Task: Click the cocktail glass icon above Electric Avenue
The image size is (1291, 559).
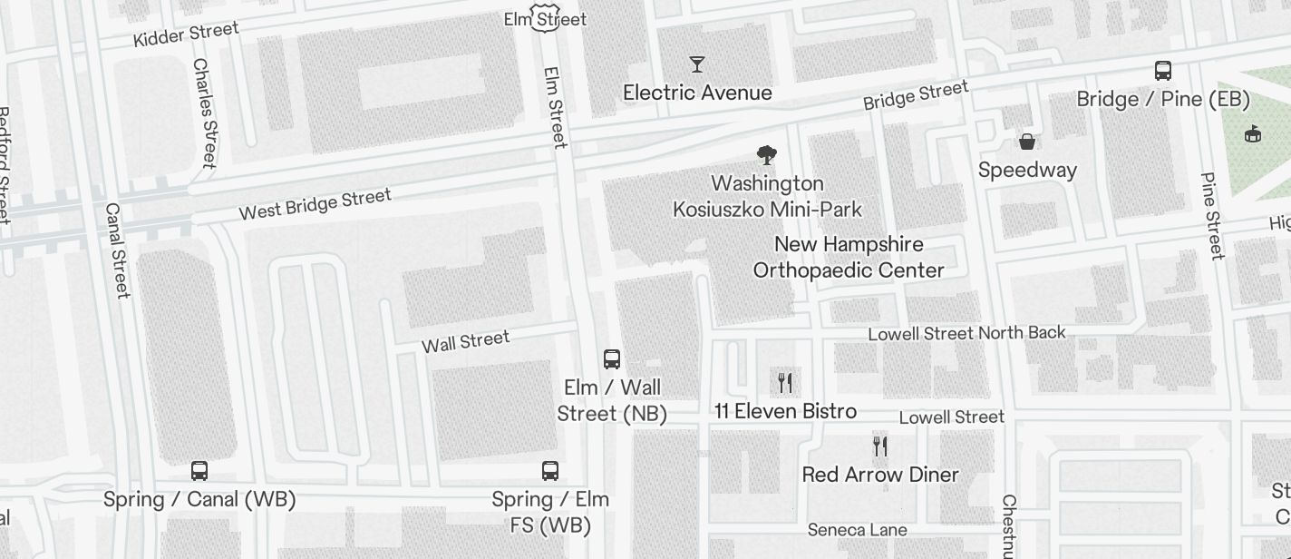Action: (697, 64)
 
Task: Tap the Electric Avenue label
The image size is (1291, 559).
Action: (697, 93)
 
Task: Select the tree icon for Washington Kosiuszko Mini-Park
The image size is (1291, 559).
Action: (767, 155)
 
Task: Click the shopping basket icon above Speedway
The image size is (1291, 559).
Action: (1027, 142)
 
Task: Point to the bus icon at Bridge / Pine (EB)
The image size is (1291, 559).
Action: (1163, 71)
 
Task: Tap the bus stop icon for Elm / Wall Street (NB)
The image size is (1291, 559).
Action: (612, 358)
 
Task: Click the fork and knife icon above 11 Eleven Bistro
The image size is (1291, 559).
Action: (785, 383)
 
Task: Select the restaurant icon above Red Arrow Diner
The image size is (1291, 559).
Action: (880, 446)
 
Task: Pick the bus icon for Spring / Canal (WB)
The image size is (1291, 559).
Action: (199, 471)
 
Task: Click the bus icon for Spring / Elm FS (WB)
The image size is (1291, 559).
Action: (550, 471)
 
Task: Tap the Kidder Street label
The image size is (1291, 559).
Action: (186, 34)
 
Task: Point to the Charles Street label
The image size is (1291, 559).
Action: (204, 113)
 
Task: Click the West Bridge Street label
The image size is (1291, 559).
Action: (315, 203)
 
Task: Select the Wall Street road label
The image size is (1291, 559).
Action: (466, 342)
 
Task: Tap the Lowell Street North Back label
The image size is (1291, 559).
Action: (966, 333)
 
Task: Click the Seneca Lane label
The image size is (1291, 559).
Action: (857, 529)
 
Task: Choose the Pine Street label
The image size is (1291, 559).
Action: (1212, 216)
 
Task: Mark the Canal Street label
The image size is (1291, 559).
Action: (117, 250)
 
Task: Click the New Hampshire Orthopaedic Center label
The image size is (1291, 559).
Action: (849, 258)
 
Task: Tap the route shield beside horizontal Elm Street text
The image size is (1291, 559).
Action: (544, 18)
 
